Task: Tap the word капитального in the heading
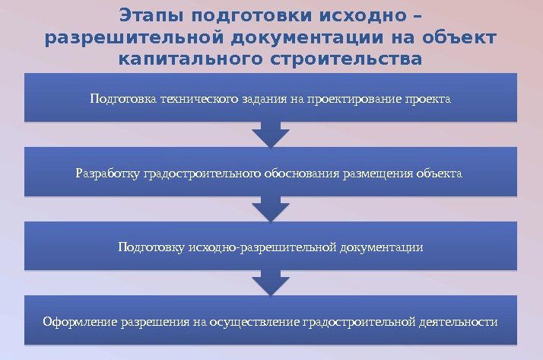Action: point(190,59)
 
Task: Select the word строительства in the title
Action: point(346,59)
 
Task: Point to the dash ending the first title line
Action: point(418,16)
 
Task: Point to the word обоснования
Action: point(302,174)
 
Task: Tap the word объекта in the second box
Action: point(439,174)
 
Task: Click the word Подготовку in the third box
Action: point(151,247)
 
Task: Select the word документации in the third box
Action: point(381,247)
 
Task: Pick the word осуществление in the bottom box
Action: point(255,321)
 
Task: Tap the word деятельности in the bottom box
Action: point(458,321)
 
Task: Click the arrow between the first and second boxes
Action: point(271,135)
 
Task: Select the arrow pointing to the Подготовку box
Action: point(271,209)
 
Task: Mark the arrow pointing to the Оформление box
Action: point(271,282)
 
